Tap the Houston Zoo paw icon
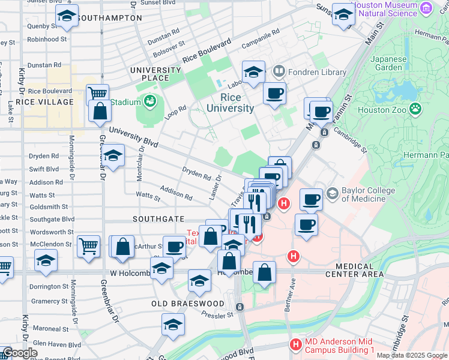click(x=415, y=109)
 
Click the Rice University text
click(x=231, y=103)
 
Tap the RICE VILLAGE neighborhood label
click(x=44, y=102)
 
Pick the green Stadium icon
click(x=148, y=101)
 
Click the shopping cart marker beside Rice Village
click(x=97, y=94)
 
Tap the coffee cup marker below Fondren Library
click(x=274, y=94)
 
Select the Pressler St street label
click(x=217, y=314)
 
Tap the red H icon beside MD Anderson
click(x=295, y=344)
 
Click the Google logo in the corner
click(x=19, y=353)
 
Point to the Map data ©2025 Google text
click(x=411, y=355)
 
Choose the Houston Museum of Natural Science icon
click(x=426, y=8)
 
